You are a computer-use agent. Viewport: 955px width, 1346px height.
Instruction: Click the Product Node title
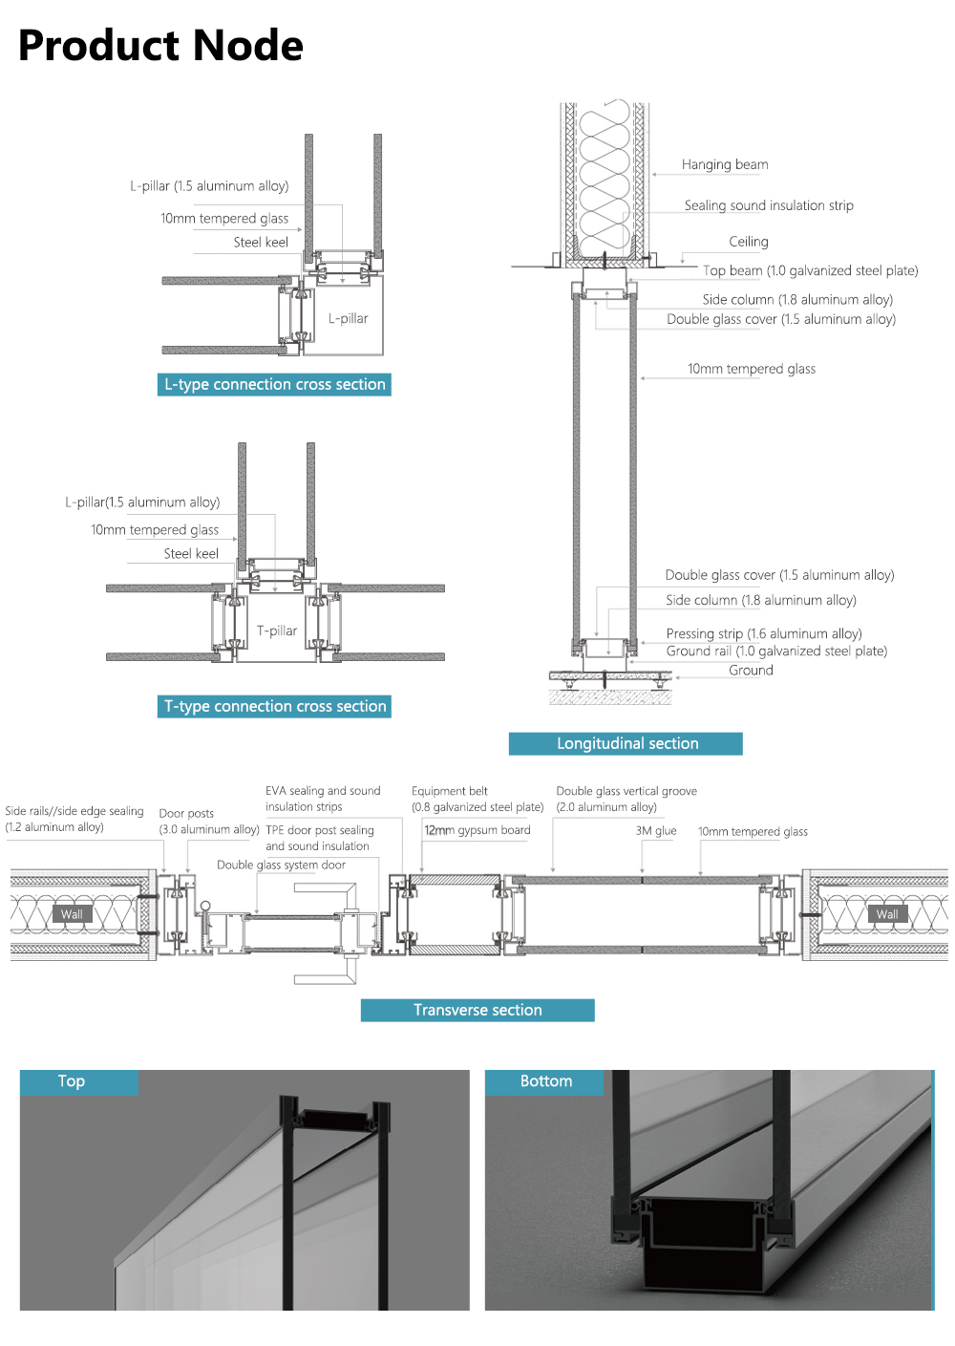[160, 46]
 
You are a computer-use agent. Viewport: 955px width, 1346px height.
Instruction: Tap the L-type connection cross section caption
[274, 384]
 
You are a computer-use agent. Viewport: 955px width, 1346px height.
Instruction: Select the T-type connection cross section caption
[274, 706]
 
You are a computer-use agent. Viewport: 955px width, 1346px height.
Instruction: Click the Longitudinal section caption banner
[626, 743]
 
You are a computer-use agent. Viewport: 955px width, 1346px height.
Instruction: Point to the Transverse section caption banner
[477, 1010]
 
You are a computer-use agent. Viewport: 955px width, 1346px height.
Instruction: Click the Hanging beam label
[724, 164]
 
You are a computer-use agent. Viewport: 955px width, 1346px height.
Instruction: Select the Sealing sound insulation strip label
[768, 205]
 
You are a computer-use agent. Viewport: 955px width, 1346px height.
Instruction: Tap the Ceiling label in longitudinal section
[748, 242]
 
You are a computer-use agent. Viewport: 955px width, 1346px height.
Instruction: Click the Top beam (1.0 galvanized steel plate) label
[810, 270]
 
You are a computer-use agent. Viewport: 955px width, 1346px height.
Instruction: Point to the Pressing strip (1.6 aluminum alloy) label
[763, 633]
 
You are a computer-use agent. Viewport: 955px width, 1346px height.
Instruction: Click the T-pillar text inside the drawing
[276, 630]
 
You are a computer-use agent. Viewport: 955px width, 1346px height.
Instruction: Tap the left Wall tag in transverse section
[72, 914]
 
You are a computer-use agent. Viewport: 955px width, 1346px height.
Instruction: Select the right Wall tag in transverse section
[886, 914]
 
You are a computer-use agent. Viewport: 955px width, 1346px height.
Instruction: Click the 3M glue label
[656, 831]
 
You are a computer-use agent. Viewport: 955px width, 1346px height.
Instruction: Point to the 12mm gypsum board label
[477, 830]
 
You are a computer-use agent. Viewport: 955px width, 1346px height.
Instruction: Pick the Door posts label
[186, 813]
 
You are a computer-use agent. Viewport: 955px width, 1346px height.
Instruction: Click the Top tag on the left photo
[72, 1081]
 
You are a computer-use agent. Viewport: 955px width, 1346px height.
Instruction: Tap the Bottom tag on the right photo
[545, 1081]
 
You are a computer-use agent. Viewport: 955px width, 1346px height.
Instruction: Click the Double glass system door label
[281, 865]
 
